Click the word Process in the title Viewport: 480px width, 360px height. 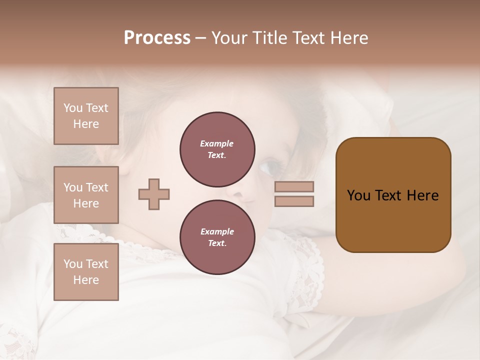click(x=157, y=38)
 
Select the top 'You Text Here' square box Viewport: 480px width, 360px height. click(x=86, y=116)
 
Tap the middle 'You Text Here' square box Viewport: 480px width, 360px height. click(x=86, y=195)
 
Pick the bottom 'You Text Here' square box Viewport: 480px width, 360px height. click(x=86, y=272)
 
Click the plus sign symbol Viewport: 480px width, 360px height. click(x=154, y=194)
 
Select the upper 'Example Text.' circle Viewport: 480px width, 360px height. click(x=217, y=149)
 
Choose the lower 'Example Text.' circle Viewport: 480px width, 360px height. click(x=217, y=237)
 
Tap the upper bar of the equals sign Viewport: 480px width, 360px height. click(x=294, y=186)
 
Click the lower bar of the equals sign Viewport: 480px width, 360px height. click(x=294, y=201)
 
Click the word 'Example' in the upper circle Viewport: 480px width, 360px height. click(x=217, y=143)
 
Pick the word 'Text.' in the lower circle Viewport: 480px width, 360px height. click(x=217, y=243)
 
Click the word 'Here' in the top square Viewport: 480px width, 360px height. click(x=86, y=124)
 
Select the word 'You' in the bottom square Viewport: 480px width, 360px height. click(x=72, y=264)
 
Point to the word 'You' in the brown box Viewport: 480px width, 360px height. click(x=358, y=195)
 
